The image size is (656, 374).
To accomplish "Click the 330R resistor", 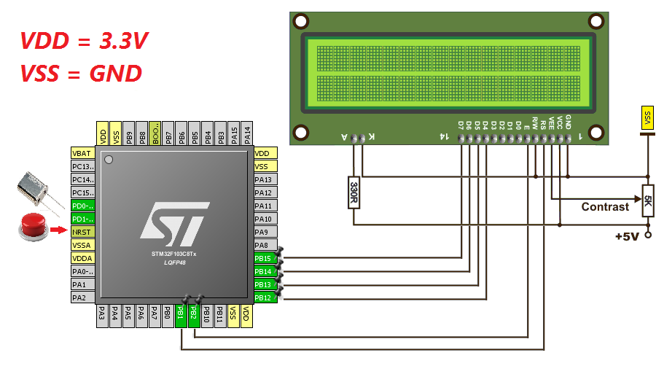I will [x=354, y=193].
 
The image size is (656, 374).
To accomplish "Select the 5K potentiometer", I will [x=647, y=200].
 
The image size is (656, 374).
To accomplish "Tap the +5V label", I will [x=627, y=237].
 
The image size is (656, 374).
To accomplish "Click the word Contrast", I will [x=605, y=206].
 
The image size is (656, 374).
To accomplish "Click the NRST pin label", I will [x=82, y=232].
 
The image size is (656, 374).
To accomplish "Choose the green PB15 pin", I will [x=263, y=258].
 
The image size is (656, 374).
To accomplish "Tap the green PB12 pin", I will [x=263, y=297].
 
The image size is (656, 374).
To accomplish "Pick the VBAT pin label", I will [x=82, y=153].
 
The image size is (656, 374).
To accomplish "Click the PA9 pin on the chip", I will [x=263, y=232].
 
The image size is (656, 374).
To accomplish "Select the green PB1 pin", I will [x=180, y=314].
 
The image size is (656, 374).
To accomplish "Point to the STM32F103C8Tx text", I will [x=174, y=254].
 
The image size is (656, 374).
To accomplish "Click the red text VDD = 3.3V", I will [x=84, y=41].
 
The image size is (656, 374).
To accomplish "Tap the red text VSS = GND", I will [x=80, y=73].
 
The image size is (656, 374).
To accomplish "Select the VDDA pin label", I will [x=82, y=258].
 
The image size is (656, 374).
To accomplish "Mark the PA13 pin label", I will [x=263, y=179].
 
